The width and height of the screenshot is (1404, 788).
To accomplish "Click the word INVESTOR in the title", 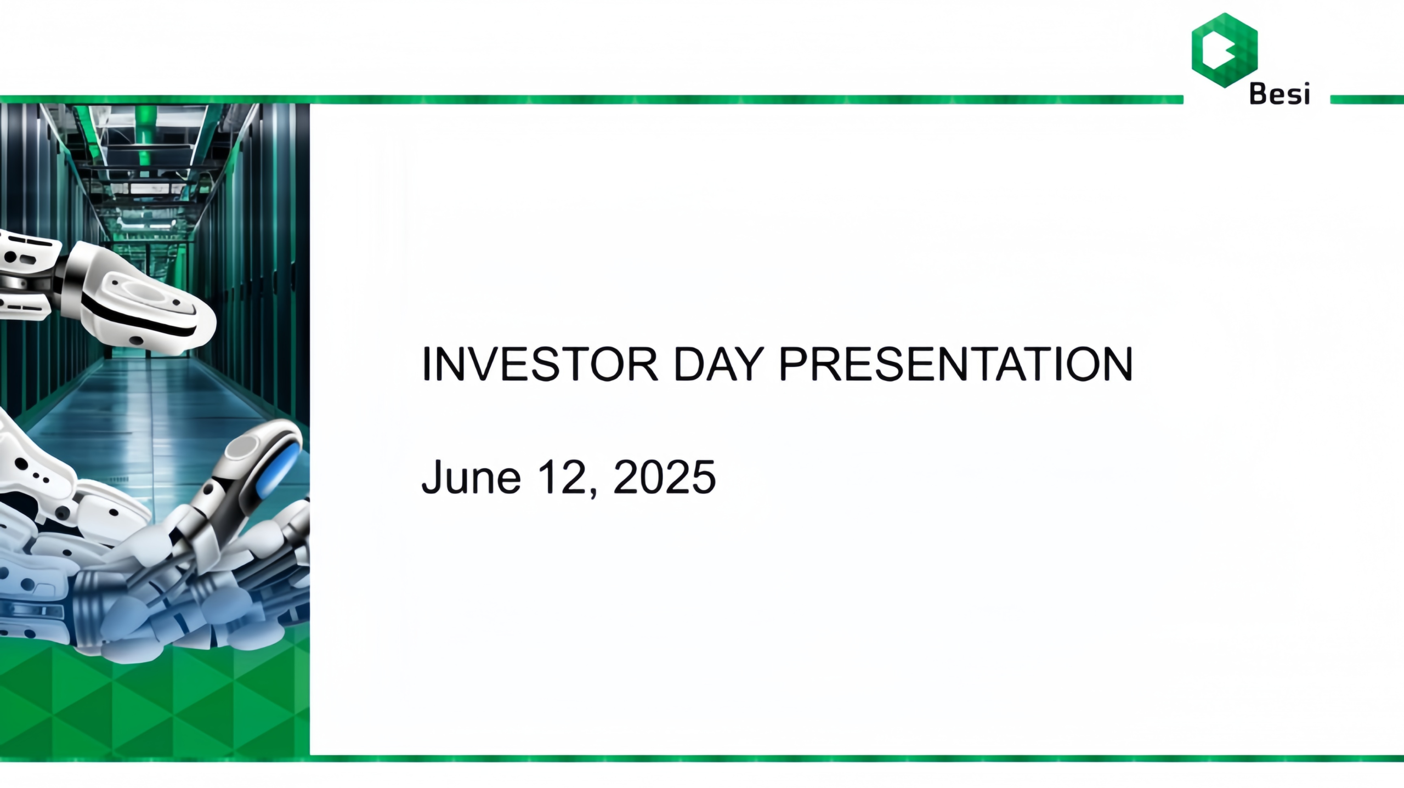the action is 540,364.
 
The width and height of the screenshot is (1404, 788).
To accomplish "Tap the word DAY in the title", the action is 718,364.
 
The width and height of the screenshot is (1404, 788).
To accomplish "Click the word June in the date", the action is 471,477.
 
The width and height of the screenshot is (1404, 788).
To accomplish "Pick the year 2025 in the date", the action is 664,477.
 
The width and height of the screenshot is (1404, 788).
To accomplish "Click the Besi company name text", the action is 1280,94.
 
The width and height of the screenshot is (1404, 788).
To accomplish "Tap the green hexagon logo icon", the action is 1225,50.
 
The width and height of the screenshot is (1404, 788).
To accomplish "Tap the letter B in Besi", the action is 1259,94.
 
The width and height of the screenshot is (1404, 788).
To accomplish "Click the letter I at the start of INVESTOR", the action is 425,364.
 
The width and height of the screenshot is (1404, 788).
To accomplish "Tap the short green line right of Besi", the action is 1367,99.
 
